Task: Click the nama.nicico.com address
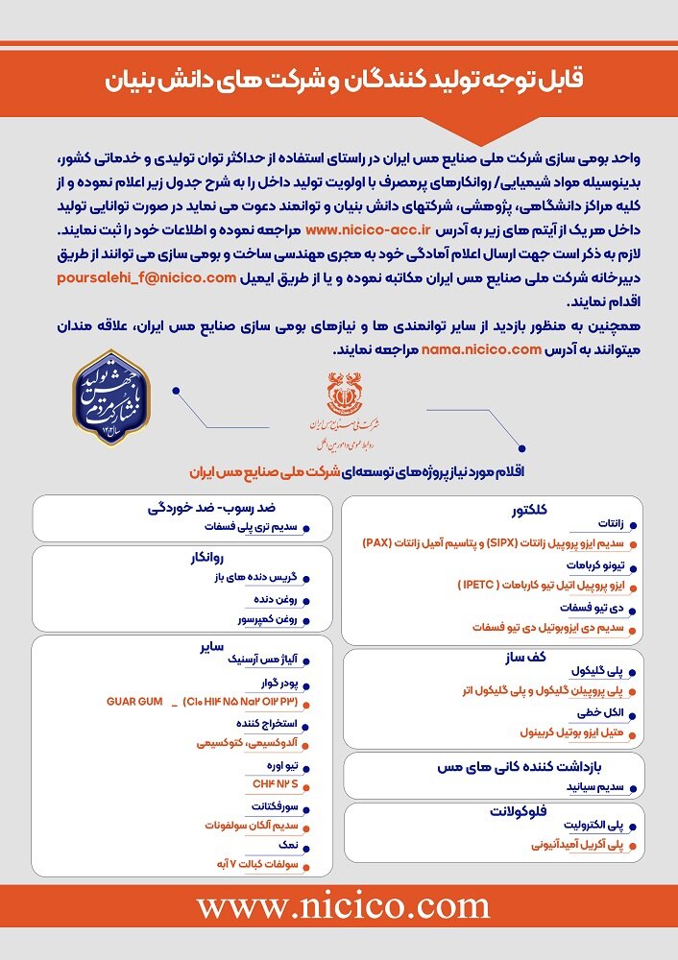(x=481, y=349)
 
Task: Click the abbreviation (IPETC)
(x=483, y=584)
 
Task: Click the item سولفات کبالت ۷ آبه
(x=253, y=863)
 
